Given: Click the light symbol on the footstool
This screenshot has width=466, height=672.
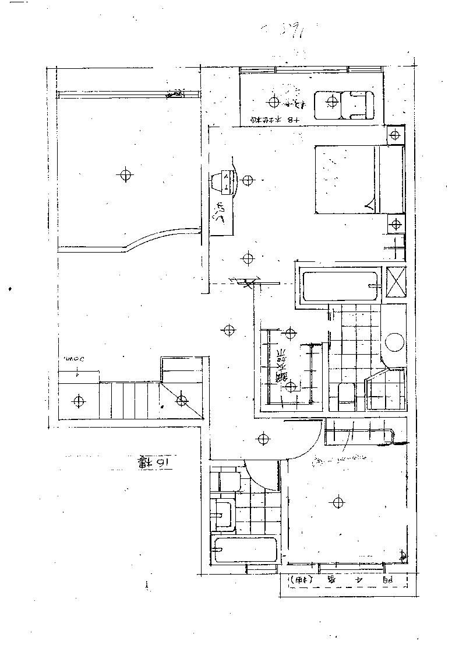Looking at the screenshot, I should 332,103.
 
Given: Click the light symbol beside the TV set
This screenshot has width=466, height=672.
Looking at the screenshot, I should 248,179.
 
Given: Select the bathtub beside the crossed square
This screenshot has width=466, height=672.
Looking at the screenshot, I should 340,286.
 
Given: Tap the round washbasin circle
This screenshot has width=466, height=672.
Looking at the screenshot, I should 395,342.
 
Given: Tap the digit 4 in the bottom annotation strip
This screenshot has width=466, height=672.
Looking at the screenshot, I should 359,580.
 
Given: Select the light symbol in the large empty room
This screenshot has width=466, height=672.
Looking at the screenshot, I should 124,174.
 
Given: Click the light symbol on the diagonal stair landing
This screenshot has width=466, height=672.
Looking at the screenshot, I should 182,400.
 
